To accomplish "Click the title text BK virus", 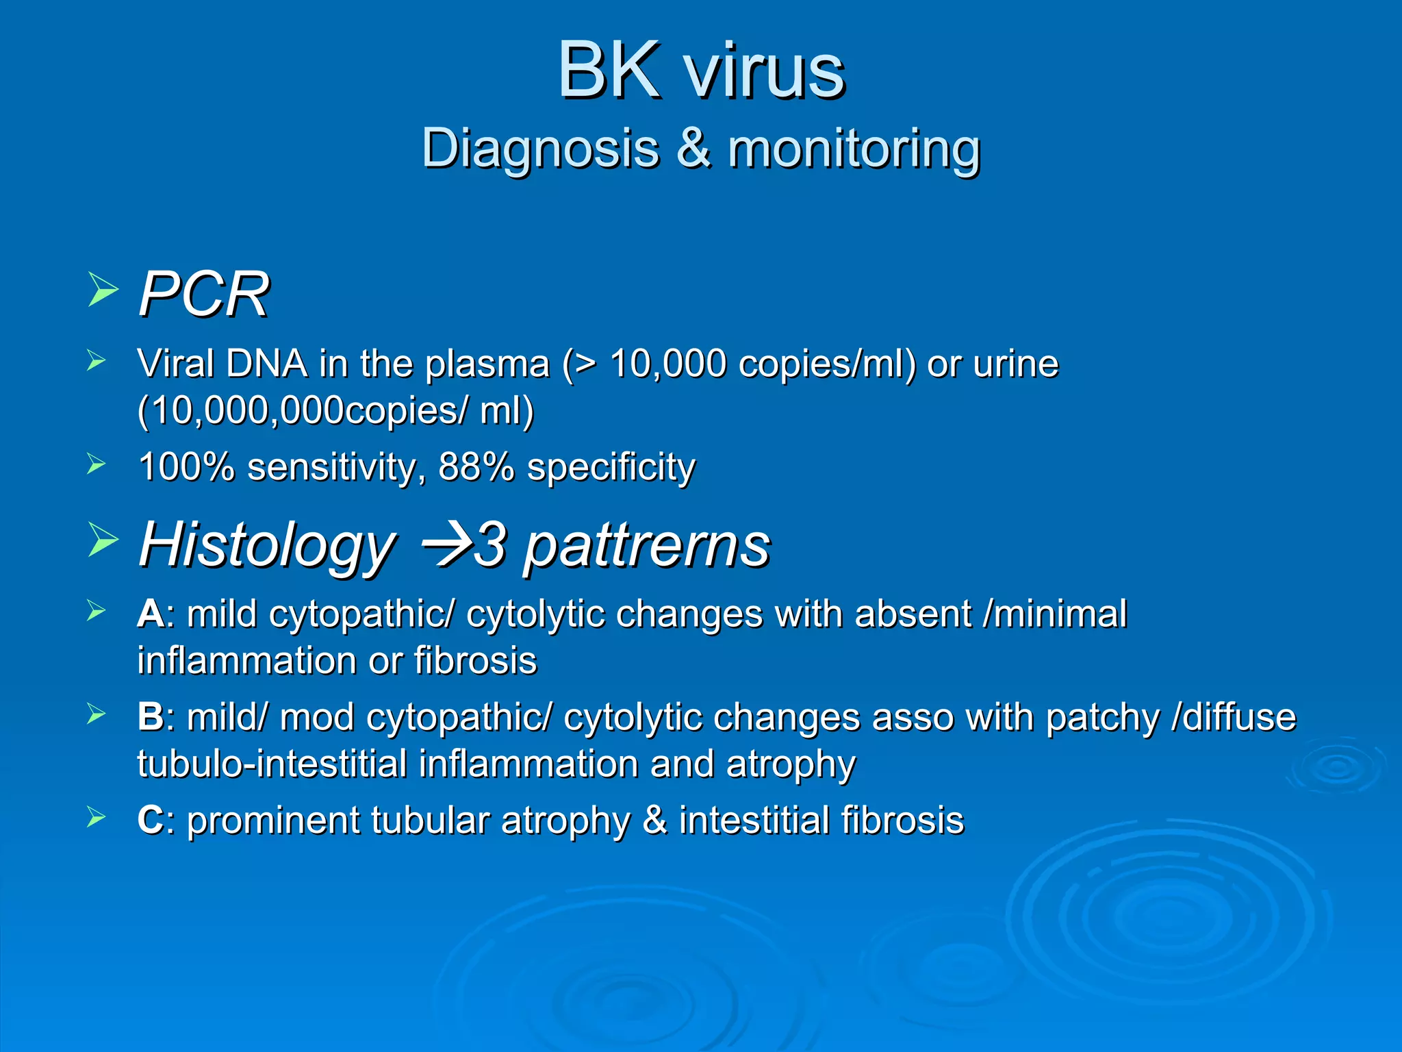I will tap(701, 71).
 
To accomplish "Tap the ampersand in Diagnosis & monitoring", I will tap(693, 149).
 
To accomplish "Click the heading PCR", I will tap(203, 295).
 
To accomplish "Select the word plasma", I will tap(487, 364).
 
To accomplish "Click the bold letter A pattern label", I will tap(150, 614).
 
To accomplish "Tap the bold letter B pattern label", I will tap(150, 717).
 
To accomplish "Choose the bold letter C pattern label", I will tap(150, 821).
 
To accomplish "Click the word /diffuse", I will tap(1234, 717).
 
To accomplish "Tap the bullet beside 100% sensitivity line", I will tap(97, 464).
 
